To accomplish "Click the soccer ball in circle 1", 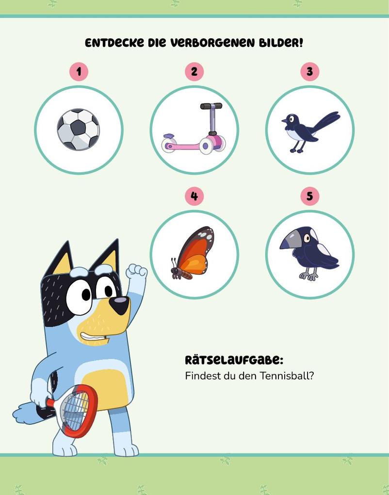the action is pos(78,130).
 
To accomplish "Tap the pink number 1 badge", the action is pos(79,72).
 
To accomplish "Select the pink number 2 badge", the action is pos(194,72).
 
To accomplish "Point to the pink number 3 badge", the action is pos(310,72).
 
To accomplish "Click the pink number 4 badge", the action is pos(194,196).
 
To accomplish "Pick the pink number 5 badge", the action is pos(310,196).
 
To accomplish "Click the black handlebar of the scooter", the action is pos(211,106).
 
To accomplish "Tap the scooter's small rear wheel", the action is pos(168,145).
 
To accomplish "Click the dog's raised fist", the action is pos(136,272).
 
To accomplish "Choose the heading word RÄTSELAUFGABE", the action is pos(234,360).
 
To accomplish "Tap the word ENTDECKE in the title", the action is pos(114,43).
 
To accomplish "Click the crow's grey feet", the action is pos(308,276).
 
